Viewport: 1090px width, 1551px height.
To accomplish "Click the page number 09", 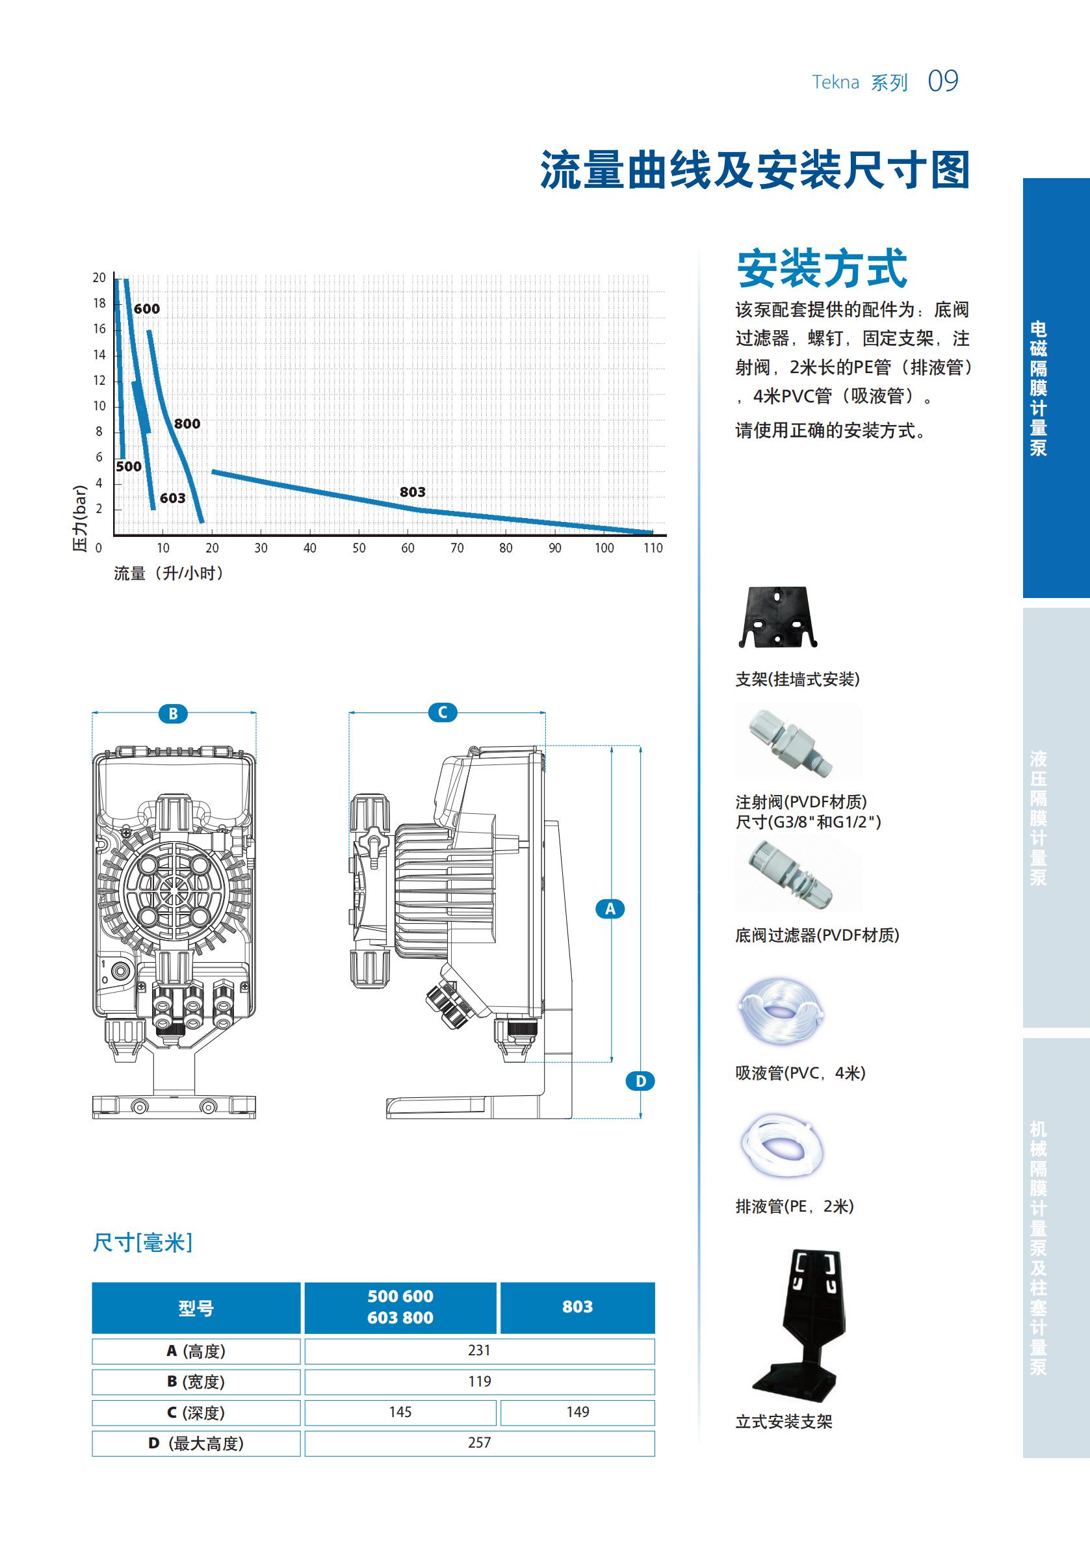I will pos(942,81).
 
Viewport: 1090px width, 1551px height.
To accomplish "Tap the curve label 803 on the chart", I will pos(412,492).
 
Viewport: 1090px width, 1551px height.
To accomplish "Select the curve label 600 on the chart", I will pos(146,309).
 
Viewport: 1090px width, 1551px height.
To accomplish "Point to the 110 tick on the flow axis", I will pos(653,548).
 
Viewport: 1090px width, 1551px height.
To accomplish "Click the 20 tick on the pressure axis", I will pos(99,278).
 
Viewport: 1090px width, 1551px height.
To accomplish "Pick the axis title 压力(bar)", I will pos(81,518).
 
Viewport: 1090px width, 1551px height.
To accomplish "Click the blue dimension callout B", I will pos(173,713).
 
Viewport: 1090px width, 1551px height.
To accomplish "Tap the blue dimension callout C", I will pos(443,712).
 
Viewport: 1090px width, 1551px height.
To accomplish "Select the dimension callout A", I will pos(610,909).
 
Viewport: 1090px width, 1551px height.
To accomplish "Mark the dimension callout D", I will pos(640,1081).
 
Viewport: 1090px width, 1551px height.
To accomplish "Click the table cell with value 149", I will pos(577,1412).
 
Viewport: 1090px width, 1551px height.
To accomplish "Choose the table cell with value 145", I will pos(400,1412).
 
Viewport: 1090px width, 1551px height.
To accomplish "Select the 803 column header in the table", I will pos(577,1307).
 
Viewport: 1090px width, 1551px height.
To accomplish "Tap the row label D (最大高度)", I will pos(196,1444).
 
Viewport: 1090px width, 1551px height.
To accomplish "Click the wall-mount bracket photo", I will pos(777,616).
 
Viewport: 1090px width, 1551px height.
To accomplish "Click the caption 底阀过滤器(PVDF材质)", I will pos(817,935).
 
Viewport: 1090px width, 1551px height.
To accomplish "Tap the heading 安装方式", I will pos(821,268).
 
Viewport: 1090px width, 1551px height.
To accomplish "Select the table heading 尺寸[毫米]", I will pos(142,1242).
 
